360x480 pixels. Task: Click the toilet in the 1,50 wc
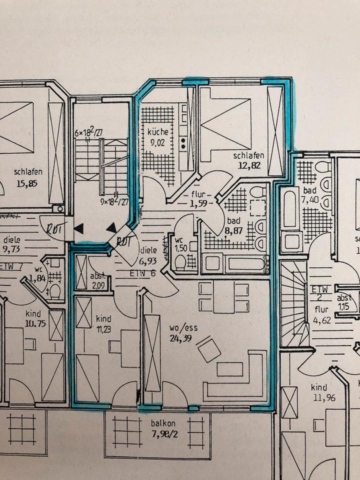pos(180,262)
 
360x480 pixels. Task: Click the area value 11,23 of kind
pos(104,328)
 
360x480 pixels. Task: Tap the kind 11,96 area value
pos(319,398)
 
